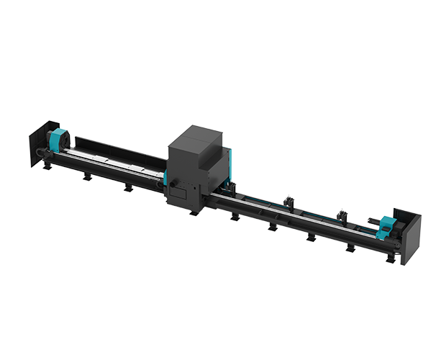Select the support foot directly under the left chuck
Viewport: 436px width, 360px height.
pyautogui.click(x=47, y=167)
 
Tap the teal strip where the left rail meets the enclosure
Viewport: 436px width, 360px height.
pyautogui.click(x=165, y=178)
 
